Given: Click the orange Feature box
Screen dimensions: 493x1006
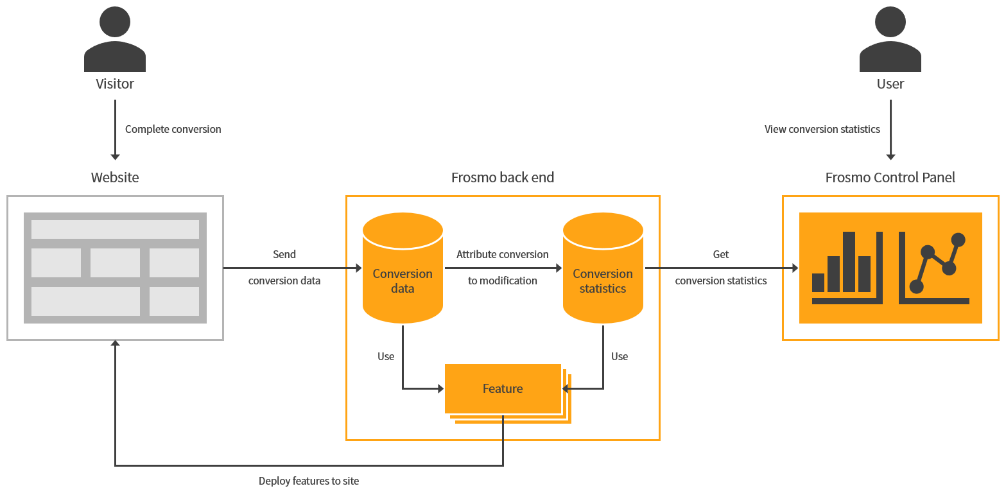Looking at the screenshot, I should coord(503,388).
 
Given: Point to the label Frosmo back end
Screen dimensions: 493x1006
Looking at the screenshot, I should coord(503,177).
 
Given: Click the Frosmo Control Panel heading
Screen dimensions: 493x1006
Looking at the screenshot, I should coord(890,177).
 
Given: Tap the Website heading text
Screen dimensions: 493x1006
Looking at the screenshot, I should coord(115,177).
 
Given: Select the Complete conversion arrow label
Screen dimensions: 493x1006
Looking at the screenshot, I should coord(173,129).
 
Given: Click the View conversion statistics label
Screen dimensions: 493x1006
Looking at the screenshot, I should coord(822,129).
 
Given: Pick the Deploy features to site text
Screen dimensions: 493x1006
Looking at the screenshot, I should coord(309,481).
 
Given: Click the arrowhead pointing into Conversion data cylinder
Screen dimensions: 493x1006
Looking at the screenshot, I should coord(358,268).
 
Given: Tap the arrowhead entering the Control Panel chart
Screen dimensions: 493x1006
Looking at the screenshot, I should coord(795,268).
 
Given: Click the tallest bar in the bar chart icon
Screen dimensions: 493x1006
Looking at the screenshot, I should coord(849,261).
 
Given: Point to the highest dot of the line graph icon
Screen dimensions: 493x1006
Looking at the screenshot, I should coord(958,239).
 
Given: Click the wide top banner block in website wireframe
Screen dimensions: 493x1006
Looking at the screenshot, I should coord(115,229).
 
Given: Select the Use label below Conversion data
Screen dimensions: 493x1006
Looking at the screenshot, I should coord(386,356).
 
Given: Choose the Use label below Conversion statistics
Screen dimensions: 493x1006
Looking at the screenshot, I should coord(620,356).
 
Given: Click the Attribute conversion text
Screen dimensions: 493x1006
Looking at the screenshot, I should coord(503,254).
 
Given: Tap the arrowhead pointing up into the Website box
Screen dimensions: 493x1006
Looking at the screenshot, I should coord(115,345).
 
